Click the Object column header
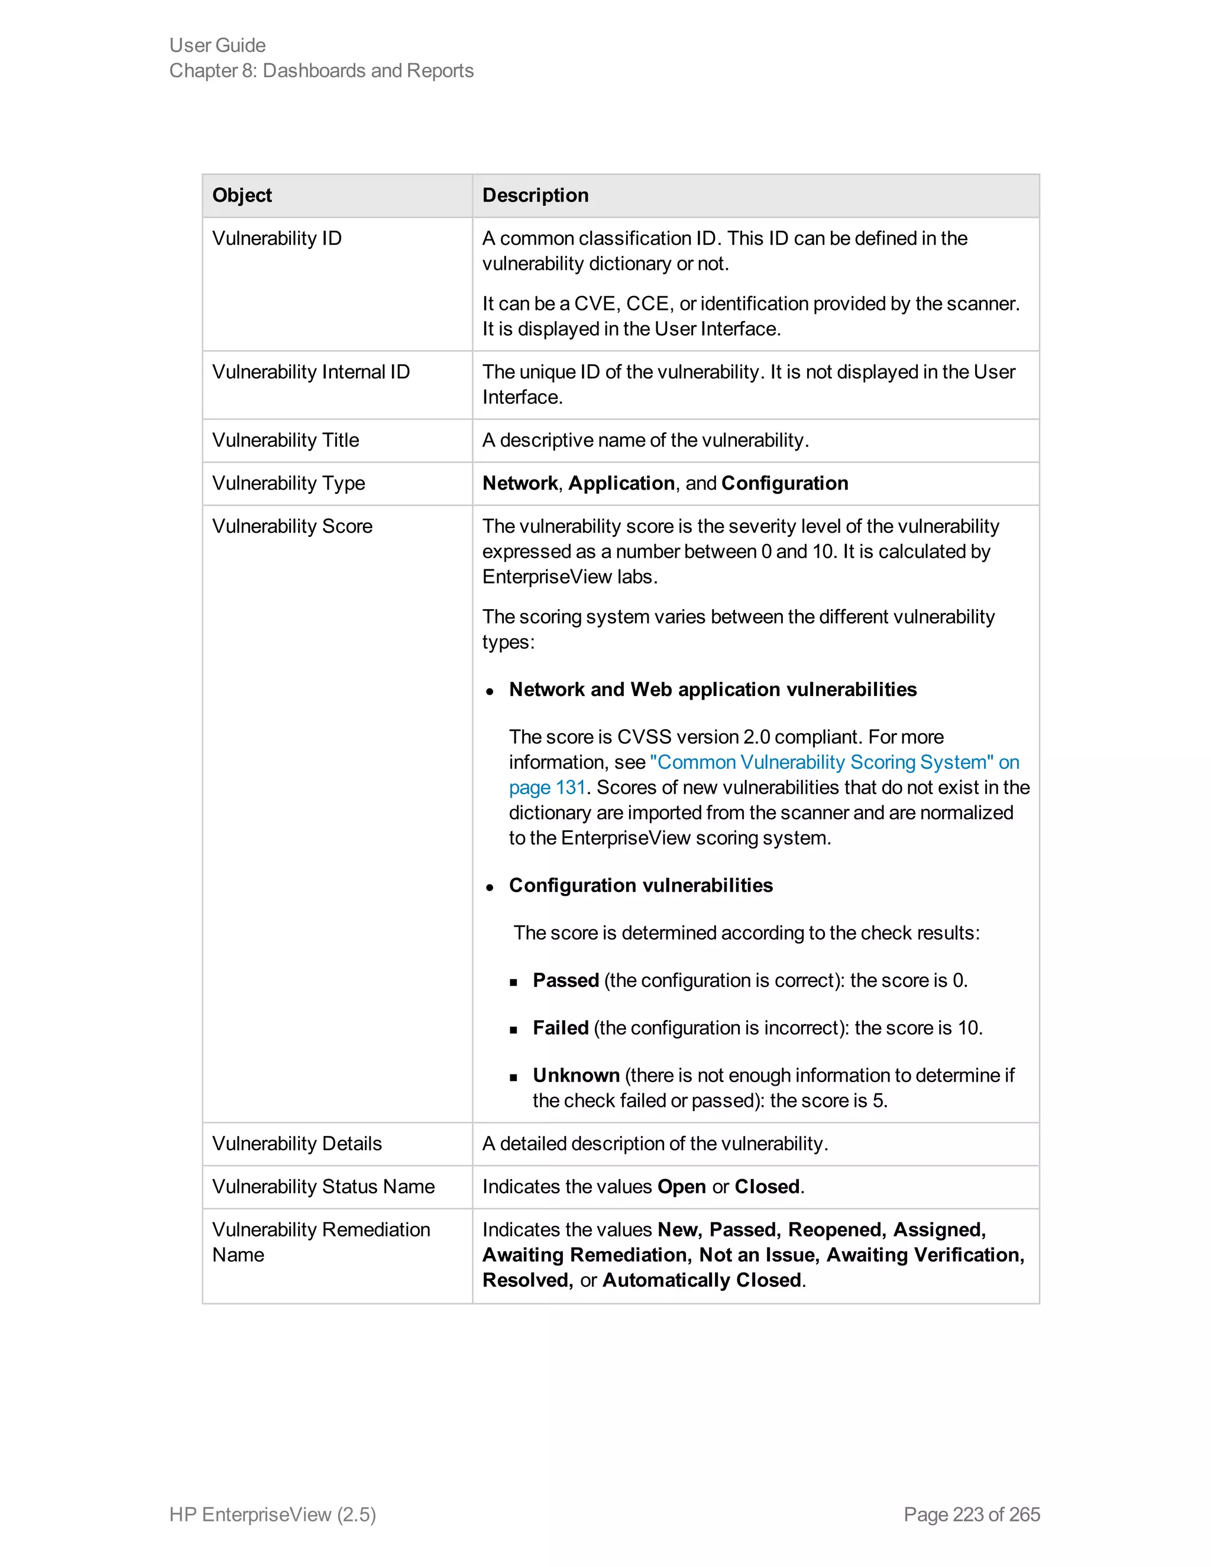[242, 195]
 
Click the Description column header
[535, 195]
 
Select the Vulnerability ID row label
[277, 238]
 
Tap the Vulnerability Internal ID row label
[310, 372]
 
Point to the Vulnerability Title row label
[286, 440]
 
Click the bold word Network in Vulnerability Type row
[519, 483]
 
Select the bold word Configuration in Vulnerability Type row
[784, 483]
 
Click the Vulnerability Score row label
[292, 526]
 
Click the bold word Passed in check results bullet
[565, 980]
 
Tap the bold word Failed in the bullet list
[561, 1028]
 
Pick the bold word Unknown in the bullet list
[576, 1075]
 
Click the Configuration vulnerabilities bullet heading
[640, 885]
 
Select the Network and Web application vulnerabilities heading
[713, 689]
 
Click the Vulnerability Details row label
[297, 1143]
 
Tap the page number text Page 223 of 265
[972, 1514]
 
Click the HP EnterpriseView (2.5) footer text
[273, 1514]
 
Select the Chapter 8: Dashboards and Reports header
[322, 70]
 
